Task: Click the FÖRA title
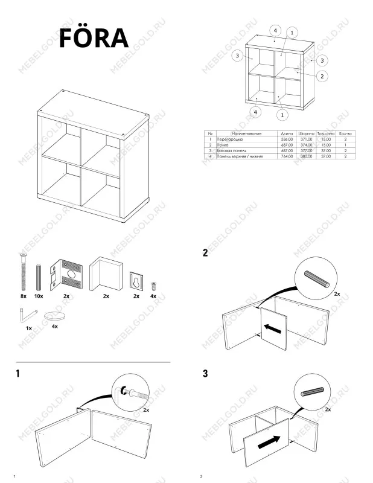click(x=93, y=37)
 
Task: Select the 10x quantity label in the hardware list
click(x=38, y=296)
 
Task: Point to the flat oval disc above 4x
click(x=55, y=317)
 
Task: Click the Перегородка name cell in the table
click(x=228, y=139)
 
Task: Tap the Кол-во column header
click(x=345, y=133)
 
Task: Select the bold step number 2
click(x=205, y=253)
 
